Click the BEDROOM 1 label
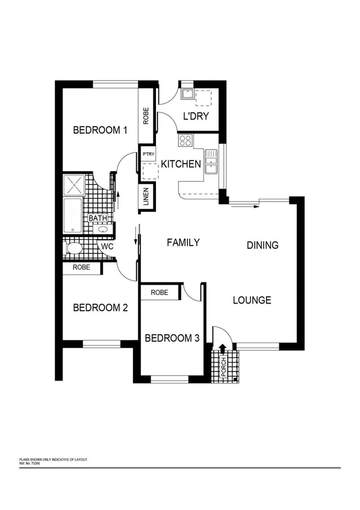(x=101, y=129)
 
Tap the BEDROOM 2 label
(x=101, y=308)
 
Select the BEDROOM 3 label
(x=172, y=338)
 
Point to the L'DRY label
(x=195, y=116)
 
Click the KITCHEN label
(x=181, y=163)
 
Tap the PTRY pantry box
(x=149, y=154)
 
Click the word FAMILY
(x=183, y=243)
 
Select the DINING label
(x=262, y=245)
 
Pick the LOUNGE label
(x=252, y=300)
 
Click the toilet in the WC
(x=75, y=248)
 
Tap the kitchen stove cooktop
(x=185, y=141)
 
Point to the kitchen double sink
(x=211, y=162)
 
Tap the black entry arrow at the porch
(x=223, y=348)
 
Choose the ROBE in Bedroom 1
(x=146, y=115)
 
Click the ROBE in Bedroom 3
(x=160, y=293)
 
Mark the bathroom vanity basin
(x=103, y=229)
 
